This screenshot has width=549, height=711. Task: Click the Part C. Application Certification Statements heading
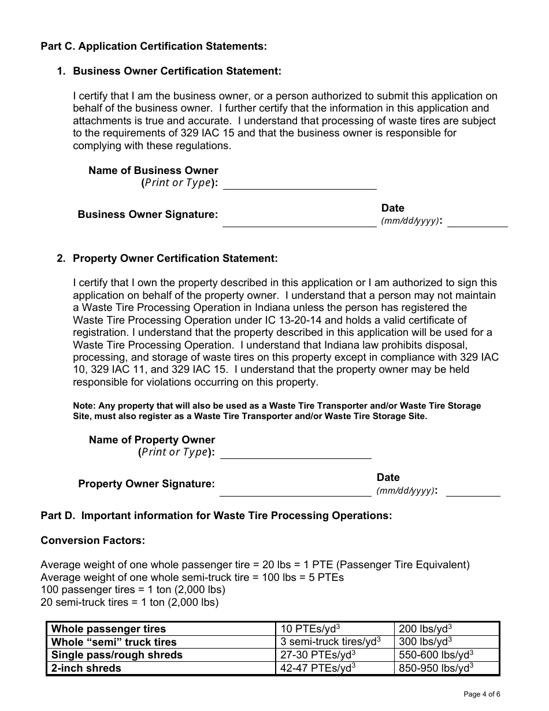pos(154,46)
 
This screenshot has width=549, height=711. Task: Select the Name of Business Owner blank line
pos(299,184)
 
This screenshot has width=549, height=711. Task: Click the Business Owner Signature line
pos(299,222)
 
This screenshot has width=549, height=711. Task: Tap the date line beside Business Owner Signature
pos(477,222)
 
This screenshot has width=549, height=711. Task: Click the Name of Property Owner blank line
pos(295,453)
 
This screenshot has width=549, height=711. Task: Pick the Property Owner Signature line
pos(295,491)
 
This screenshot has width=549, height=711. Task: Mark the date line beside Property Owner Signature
pos(473,491)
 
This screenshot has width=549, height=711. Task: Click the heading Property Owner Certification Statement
pos(175,258)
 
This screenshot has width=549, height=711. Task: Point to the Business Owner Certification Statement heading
pos(177,71)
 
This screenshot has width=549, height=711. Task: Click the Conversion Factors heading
pos(92,540)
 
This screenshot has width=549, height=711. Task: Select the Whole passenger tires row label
pos(109,629)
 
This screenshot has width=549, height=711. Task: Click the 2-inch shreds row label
pos(86,668)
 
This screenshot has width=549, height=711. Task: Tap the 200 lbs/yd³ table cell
pos(425,629)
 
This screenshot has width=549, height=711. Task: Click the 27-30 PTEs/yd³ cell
pos(318,655)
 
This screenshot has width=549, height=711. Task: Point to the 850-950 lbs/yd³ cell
pos(436,668)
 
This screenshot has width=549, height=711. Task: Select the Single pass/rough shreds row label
pos(117,655)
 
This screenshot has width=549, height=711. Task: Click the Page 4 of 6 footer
pos(482,694)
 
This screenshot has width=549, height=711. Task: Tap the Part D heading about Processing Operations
pos(216,516)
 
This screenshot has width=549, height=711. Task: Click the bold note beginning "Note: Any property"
pos(277,411)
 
